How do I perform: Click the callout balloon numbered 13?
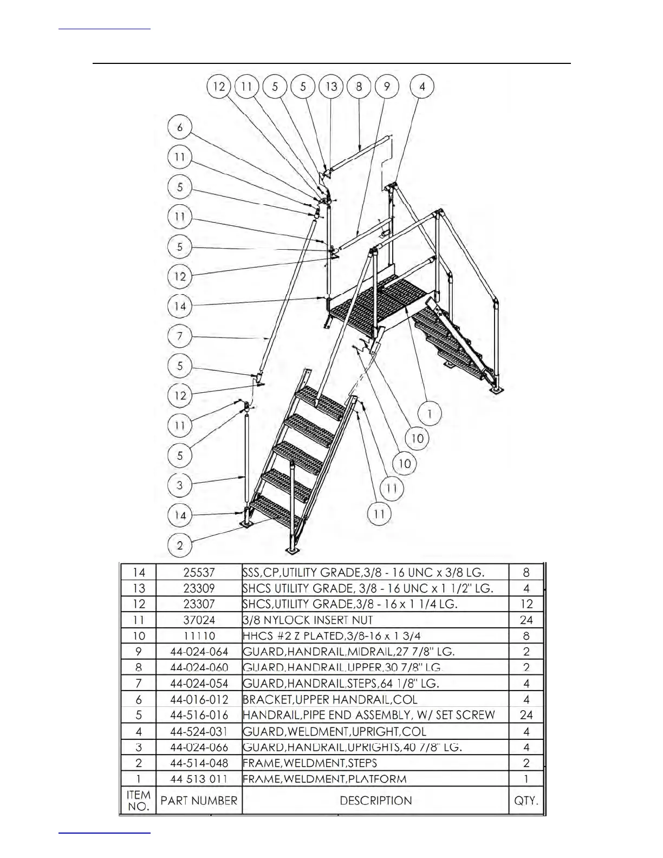(x=331, y=87)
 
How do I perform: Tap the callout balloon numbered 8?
(x=359, y=87)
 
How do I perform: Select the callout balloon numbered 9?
(x=387, y=87)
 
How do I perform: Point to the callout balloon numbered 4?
(x=422, y=87)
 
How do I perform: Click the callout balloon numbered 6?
(x=180, y=128)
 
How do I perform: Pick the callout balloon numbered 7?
(x=180, y=336)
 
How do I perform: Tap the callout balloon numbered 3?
(x=180, y=485)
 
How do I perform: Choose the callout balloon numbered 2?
(x=180, y=545)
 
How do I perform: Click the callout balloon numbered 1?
(x=430, y=414)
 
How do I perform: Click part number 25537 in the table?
(x=199, y=573)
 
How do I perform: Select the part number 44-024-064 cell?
(x=199, y=652)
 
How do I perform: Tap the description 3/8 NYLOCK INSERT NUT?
(x=308, y=620)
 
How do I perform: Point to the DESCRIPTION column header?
(x=375, y=801)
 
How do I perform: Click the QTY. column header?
(x=526, y=801)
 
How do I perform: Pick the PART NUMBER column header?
(x=199, y=801)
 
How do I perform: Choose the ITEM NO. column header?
(x=138, y=801)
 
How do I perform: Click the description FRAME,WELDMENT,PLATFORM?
(x=324, y=779)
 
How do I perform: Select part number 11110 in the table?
(x=199, y=636)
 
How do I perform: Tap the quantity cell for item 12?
(x=526, y=604)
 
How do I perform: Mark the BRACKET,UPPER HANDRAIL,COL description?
(x=330, y=699)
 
